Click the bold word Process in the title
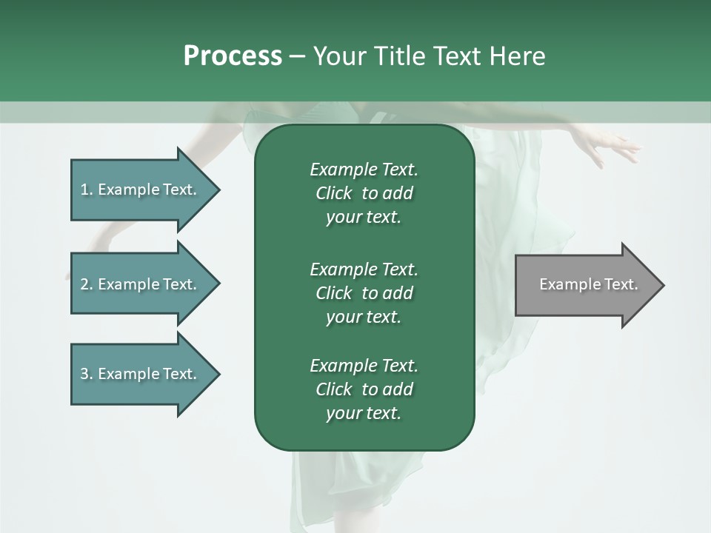[x=233, y=56]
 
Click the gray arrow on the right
[x=585, y=285]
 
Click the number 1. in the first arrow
[x=87, y=190]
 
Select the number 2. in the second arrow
[x=87, y=284]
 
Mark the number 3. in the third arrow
[x=87, y=374]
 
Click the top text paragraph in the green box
[x=364, y=193]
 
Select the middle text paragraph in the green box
[x=364, y=292]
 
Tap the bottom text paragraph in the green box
[x=364, y=389]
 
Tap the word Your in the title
[x=338, y=56]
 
